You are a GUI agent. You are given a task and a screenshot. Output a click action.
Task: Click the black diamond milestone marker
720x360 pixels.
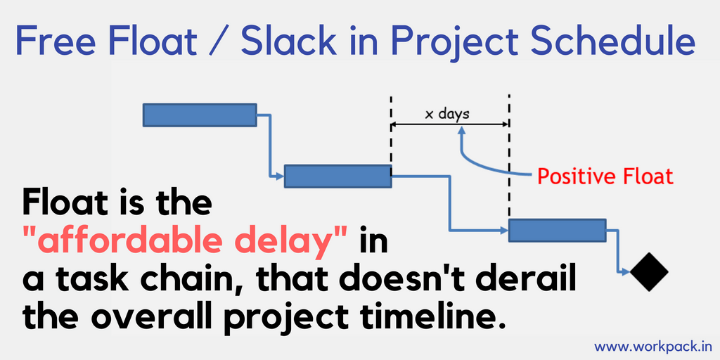[x=649, y=272]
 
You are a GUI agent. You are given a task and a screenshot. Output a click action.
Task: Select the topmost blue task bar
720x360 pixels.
[x=200, y=115]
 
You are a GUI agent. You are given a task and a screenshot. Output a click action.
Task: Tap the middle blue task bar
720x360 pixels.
[x=338, y=176]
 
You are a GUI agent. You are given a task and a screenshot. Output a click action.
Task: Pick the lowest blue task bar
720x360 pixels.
[x=557, y=230]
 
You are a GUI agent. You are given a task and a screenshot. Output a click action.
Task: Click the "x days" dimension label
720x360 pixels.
[x=447, y=113]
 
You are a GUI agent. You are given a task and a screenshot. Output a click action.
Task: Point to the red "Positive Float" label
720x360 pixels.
[x=605, y=176]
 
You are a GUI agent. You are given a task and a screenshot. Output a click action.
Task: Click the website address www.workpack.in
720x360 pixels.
[x=653, y=346]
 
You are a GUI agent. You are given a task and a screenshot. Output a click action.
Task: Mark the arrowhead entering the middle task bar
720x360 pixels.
[x=281, y=176]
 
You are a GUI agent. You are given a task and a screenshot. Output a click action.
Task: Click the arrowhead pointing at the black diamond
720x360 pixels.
[x=626, y=272]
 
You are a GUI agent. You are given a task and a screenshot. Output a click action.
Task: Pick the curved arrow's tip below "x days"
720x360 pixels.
[x=461, y=130]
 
